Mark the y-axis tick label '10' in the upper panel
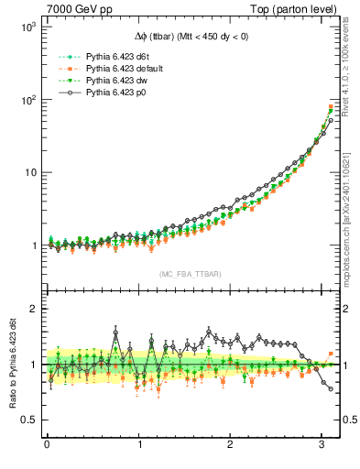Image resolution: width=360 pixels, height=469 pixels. (x=28, y=172)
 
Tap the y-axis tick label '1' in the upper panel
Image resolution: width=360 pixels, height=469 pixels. (x=31, y=245)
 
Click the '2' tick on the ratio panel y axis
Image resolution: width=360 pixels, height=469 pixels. (x=31, y=309)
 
